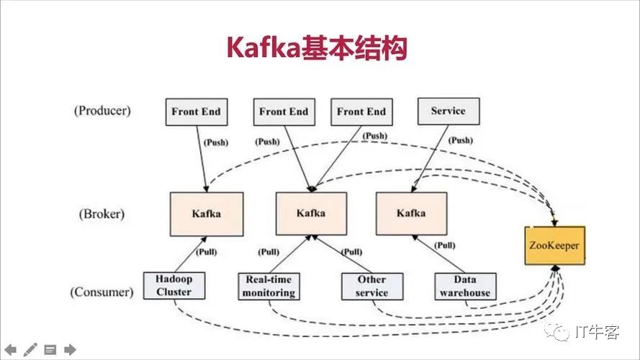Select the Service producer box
click(x=448, y=111)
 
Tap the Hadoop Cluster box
click(x=173, y=285)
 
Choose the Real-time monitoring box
click(x=269, y=286)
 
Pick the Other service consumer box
click(x=371, y=286)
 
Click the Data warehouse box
click(x=465, y=286)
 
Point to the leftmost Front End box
click(x=196, y=112)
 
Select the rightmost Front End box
click(x=361, y=112)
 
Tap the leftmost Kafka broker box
click(x=207, y=213)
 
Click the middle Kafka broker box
click(x=311, y=213)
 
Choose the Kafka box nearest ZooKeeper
click(x=411, y=213)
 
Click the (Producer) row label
click(x=102, y=111)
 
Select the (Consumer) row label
click(x=102, y=292)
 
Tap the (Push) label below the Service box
click(x=461, y=140)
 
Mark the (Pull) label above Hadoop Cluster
click(x=206, y=252)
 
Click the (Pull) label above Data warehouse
click(x=445, y=246)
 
